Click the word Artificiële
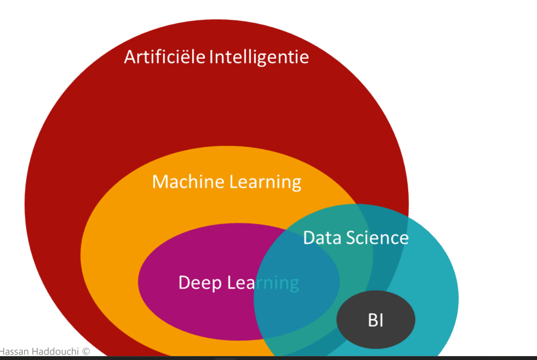[165, 57]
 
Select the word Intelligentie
[259, 57]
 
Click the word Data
[322, 238]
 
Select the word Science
[377, 238]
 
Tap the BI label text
[376, 321]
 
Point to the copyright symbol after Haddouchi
[86, 352]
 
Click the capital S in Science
[351, 238]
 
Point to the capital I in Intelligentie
[212, 57]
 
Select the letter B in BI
[372, 321]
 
